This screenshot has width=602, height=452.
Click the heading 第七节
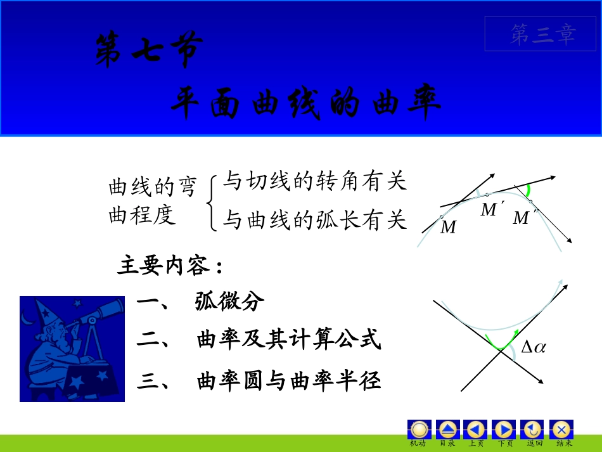[150, 50]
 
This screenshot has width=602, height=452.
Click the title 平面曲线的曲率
[305, 103]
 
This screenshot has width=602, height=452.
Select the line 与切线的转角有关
[314, 182]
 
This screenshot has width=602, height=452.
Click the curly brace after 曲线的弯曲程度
[212, 203]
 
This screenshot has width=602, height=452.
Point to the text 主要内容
[170, 266]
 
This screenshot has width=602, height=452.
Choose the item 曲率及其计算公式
[289, 340]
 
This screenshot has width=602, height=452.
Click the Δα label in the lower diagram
[533, 347]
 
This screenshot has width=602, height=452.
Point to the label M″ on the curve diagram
[523, 218]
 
